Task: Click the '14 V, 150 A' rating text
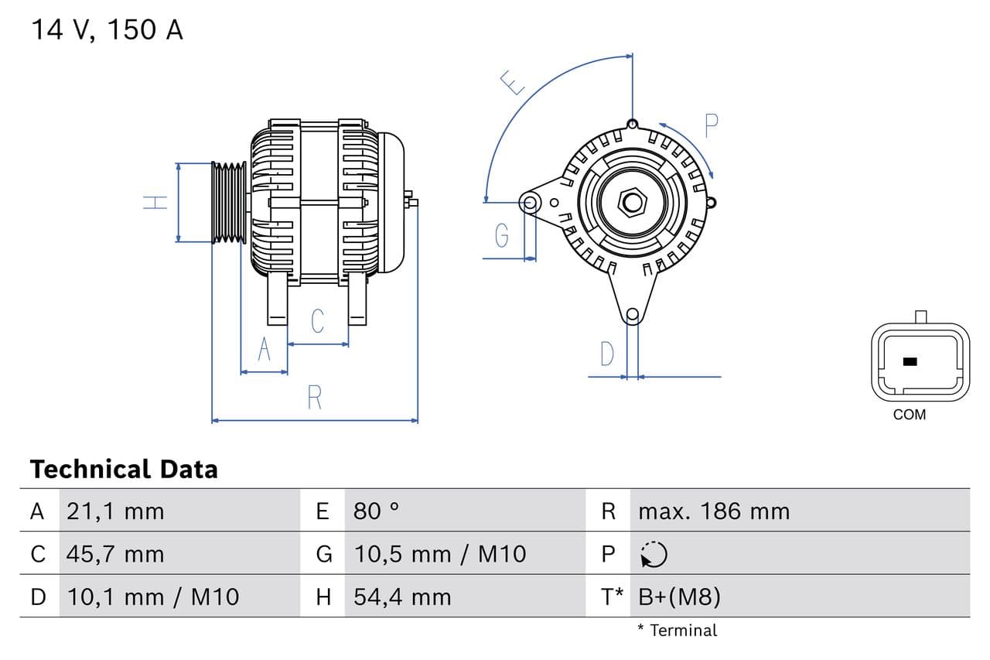(107, 29)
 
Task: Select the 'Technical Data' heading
(124, 469)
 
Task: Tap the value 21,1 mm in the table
(115, 511)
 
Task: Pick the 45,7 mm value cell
(115, 554)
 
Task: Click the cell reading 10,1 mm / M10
(153, 597)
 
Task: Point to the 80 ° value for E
(377, 511)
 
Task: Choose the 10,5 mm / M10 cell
(439, 554)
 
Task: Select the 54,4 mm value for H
(401, 597)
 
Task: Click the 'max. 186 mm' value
(714, 511)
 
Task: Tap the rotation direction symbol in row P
(654, 554)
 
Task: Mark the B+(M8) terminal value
(679, 597)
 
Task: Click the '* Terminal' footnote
(677, 631)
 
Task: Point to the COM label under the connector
(909, 415)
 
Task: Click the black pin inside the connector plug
(910, 361)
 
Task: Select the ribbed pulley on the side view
(229, 203)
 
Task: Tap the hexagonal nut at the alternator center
(633, 203)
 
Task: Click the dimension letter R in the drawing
(314, 397)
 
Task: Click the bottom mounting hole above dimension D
(633, 314)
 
